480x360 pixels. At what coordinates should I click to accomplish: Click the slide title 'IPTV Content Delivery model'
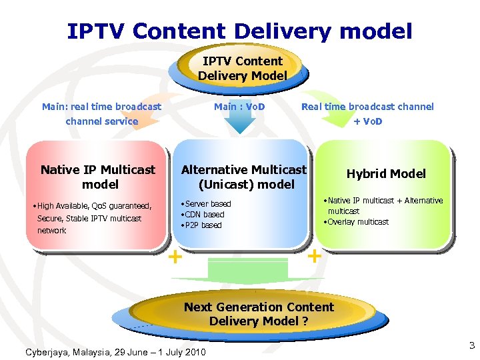point(239,31)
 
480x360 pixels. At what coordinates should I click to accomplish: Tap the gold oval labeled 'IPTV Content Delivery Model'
point(242,68)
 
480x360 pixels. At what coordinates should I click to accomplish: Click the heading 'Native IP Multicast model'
point(98,177)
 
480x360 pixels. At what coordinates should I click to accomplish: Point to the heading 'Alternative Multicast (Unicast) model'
point(244,177)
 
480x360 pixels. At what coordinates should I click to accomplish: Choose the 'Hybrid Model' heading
point(386,174)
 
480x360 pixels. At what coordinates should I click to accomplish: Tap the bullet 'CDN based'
point(205,215)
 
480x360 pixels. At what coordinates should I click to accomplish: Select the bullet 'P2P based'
point(203,225)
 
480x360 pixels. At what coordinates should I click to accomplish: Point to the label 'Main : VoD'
point(239,107)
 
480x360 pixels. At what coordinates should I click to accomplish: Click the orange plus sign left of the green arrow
point(175,256)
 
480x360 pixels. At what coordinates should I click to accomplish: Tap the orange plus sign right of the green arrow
point(314,255)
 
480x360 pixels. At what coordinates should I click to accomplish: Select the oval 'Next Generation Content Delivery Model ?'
point(259,314)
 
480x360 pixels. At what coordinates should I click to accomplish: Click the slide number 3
point(471,345)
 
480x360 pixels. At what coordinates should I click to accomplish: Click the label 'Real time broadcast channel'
point(367,107)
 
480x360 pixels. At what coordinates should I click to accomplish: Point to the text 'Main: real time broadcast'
point(101,107)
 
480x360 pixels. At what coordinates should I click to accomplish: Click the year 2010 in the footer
point(194,352)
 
